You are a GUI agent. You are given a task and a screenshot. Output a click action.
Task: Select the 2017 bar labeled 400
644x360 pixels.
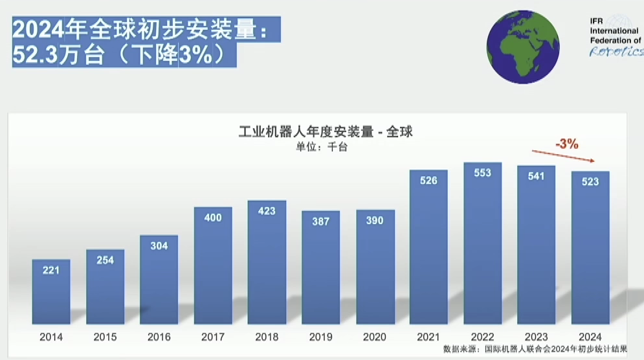[213, 265]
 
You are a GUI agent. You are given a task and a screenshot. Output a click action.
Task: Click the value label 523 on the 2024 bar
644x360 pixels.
[590, 182]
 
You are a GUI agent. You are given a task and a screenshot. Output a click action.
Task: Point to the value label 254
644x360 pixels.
[105, 260]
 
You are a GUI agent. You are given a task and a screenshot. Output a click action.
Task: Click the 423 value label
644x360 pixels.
[267, 210]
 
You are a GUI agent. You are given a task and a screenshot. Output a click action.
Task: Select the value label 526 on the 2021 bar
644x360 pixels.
[428, 181]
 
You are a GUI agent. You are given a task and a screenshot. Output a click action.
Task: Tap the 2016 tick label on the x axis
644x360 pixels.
[159, 337]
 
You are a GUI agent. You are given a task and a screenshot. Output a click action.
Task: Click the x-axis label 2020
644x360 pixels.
[375, 337]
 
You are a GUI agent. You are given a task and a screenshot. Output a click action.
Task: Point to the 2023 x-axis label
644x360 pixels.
[537, 337]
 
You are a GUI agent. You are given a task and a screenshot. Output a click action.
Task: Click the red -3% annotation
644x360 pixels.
[566, 144]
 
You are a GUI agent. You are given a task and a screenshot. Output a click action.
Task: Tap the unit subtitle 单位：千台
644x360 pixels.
[322, 147]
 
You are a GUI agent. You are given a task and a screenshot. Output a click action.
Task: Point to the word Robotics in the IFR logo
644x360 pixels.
[615, 51]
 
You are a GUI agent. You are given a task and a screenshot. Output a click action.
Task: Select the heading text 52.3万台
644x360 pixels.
[59, 55]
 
